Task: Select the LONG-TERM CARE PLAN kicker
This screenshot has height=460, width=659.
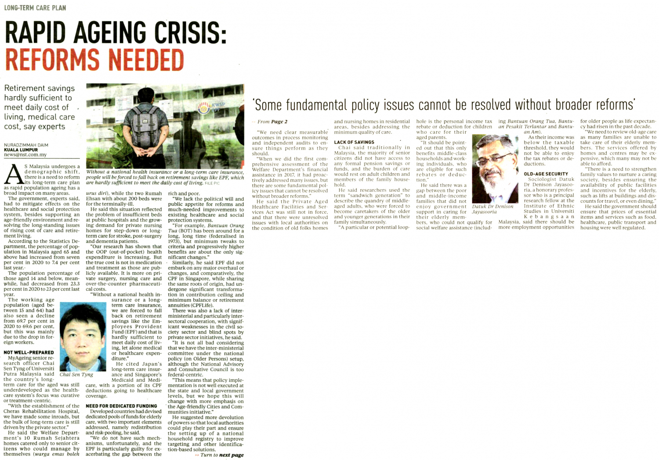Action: point(35,8)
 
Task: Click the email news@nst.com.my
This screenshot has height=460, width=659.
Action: point(25,155)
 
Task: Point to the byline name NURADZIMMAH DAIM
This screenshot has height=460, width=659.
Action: point(26,145)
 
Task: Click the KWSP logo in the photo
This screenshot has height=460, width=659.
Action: point(207,106)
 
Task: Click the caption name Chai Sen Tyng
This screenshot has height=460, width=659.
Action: point(76,375)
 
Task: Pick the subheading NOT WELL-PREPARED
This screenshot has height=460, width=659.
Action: point(29,352)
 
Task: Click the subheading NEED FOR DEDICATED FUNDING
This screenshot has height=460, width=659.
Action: point(121,406)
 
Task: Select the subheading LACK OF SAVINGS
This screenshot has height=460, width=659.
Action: point(354,142)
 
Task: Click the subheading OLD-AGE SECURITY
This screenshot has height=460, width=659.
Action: point(546,174)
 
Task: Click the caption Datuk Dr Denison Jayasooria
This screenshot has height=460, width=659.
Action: point(492,209)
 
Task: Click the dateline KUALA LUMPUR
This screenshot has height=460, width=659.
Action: point(21,150)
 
